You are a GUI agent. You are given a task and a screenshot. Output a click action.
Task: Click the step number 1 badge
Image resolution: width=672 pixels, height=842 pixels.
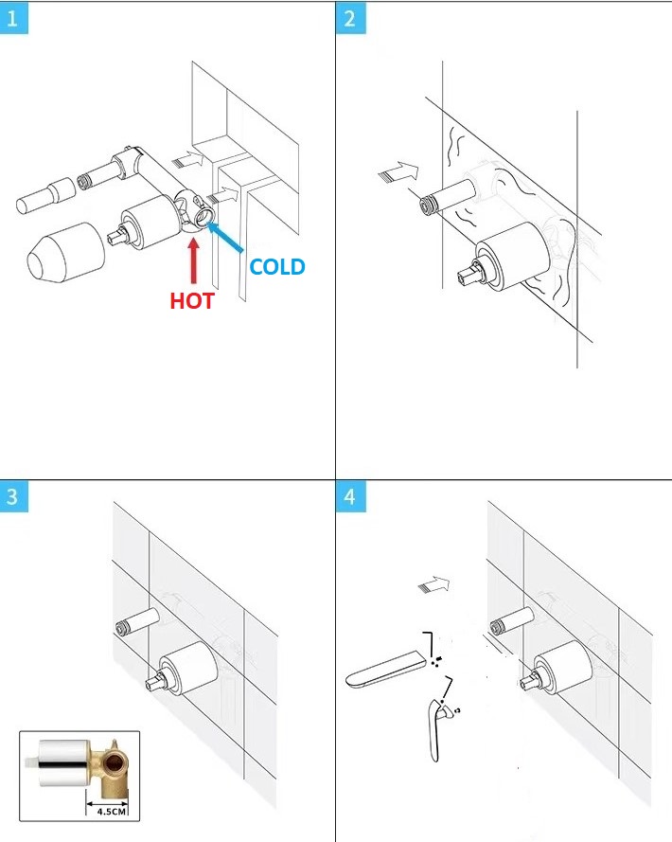click(x=13, y=18)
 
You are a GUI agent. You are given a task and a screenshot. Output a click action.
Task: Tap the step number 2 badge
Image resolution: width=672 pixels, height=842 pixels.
click(x=350, y=18)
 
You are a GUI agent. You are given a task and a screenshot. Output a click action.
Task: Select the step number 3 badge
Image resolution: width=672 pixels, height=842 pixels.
click(x=13, y=495)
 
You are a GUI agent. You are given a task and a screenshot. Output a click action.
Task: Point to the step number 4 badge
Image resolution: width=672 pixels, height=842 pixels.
click(x=350, y=495)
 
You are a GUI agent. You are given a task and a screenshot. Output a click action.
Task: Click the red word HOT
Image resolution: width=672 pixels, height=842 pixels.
click(x=192, y=301)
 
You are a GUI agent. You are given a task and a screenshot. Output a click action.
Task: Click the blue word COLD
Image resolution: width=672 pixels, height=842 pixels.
click(x=277, y=266)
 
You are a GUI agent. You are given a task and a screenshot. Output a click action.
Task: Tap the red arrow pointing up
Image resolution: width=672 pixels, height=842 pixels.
click(x=194, y=260)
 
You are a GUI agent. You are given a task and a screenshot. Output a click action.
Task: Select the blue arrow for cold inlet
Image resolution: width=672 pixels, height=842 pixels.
click(x=225, y=237)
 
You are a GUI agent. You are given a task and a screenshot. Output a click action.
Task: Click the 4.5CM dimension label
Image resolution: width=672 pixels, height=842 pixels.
click(x=111, y=811)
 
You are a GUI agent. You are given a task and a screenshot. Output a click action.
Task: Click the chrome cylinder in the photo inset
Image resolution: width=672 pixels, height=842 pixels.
click(x=63, y=763)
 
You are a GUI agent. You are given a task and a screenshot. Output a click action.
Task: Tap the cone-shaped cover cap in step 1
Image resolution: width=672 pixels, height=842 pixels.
click(x=65, y=252)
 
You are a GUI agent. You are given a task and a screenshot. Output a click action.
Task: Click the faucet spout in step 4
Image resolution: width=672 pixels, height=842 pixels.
click(x=385, y=668)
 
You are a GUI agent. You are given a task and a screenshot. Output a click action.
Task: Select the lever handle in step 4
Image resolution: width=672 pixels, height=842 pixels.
click(x=437, y=729)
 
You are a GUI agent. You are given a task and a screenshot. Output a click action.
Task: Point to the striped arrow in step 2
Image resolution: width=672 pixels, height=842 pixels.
click(x=398, y=172)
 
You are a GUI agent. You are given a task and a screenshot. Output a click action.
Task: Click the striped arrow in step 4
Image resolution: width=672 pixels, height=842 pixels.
click(x=434, y=584)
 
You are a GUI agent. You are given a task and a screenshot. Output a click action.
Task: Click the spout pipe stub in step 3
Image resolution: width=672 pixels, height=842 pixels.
click(x=137, y=620)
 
